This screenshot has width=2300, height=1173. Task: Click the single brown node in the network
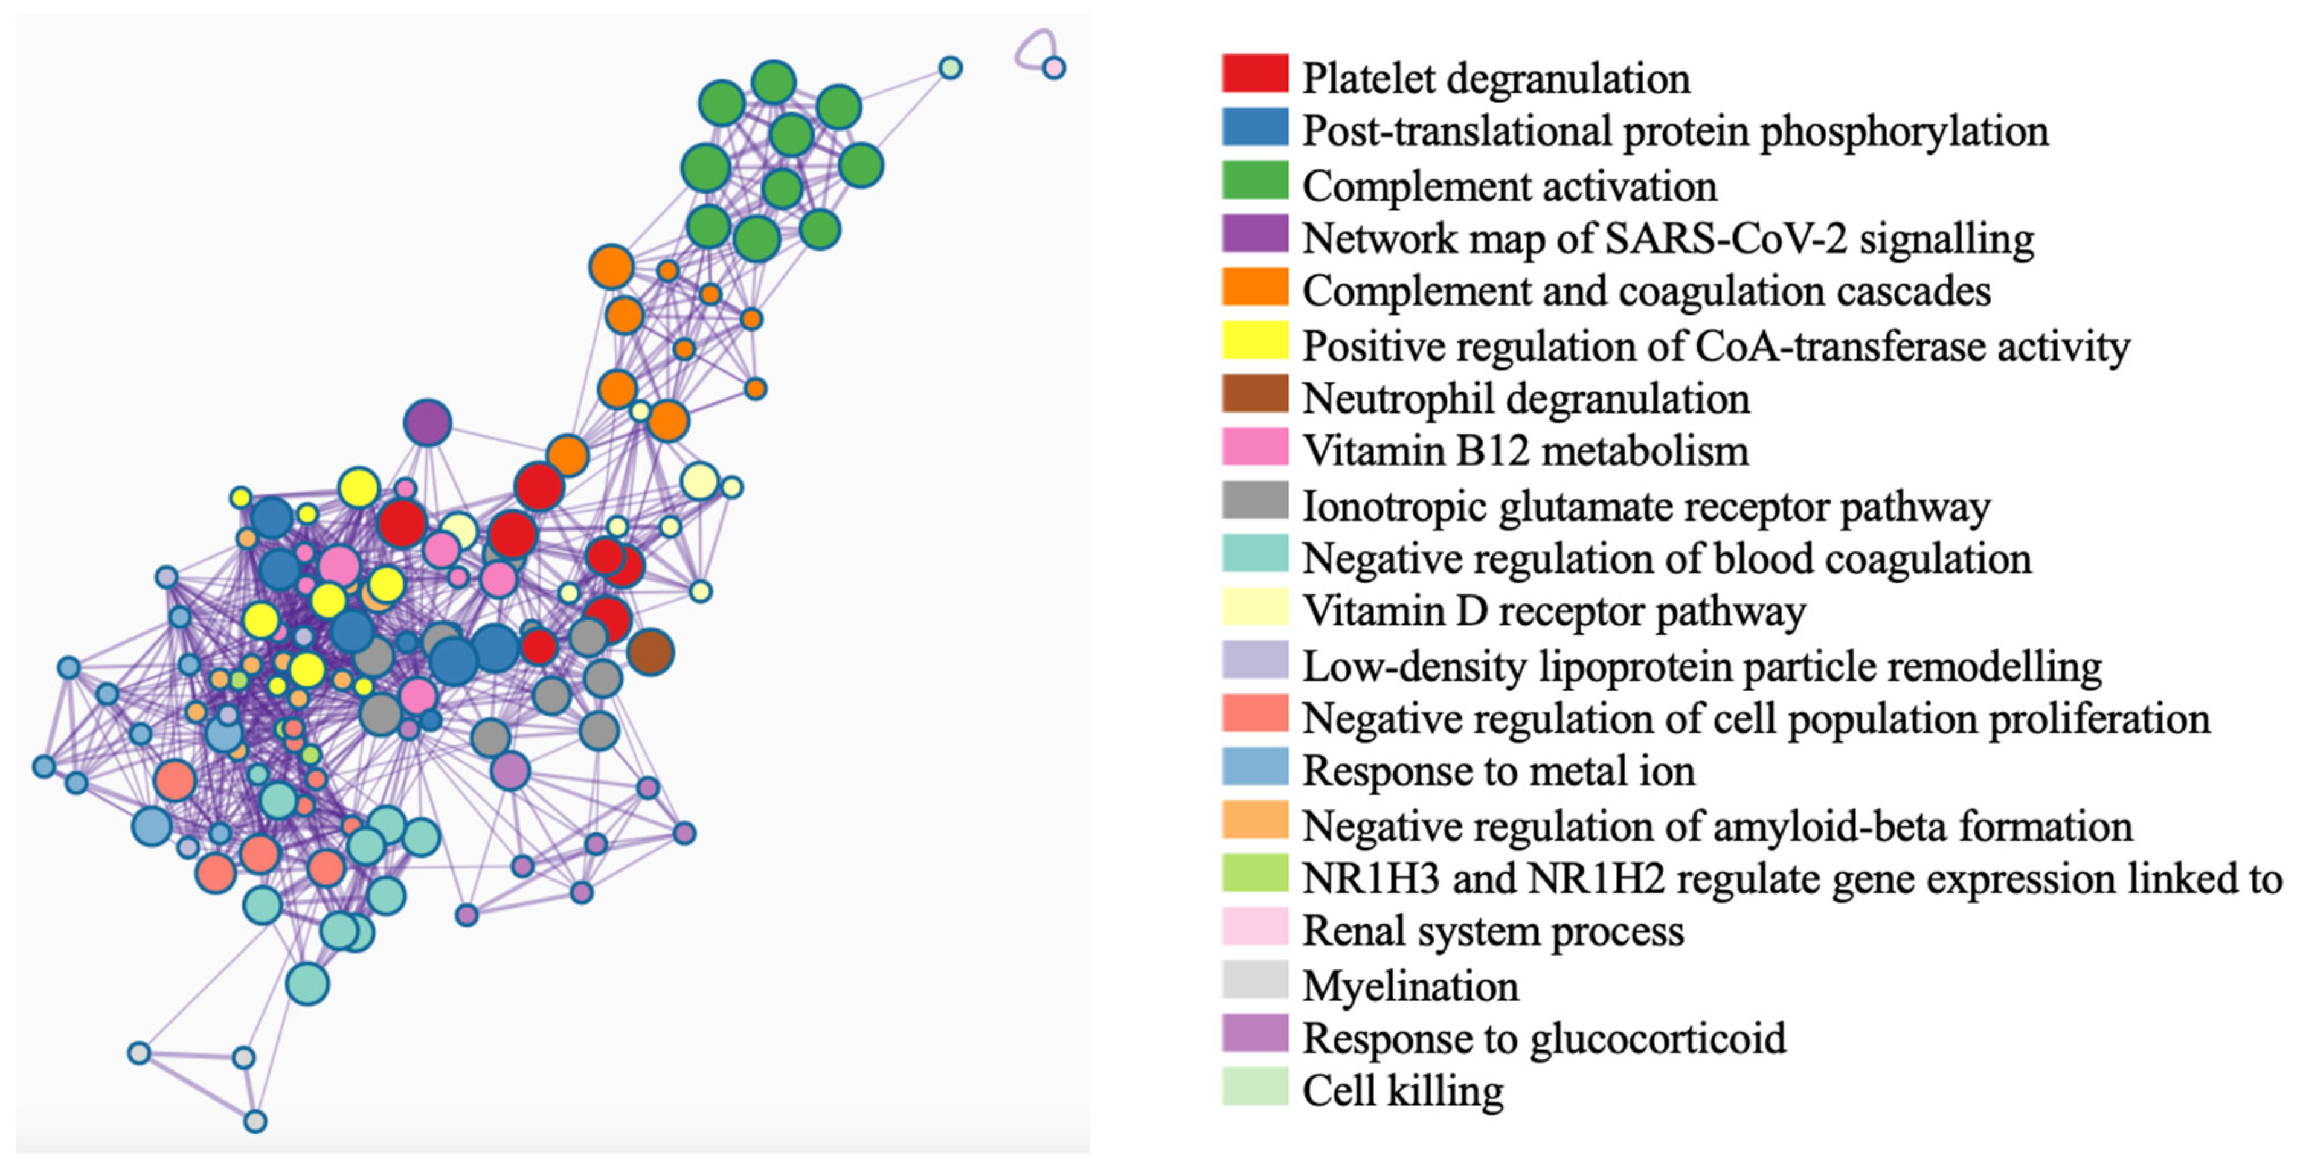coord(650,652)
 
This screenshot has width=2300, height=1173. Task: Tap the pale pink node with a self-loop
coord(1055,67)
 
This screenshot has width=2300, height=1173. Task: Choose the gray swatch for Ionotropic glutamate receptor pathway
coord(1254,500)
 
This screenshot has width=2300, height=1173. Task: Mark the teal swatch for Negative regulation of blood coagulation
coord(1254,553)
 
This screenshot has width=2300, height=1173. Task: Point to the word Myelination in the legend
coord(1411,986)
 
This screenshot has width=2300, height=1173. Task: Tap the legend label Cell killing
coord(1402,1091)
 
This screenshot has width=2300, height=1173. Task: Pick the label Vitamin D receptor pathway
coord(1553,611)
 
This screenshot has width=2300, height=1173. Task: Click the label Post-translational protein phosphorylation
coord(1675,130)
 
